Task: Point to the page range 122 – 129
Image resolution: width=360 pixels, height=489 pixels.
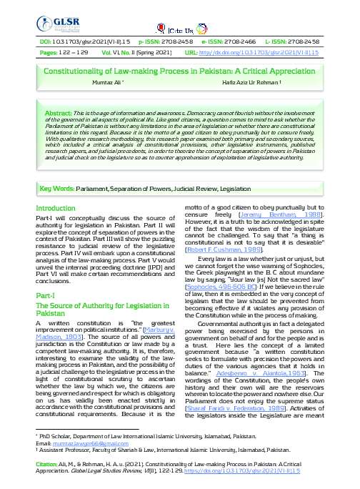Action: (73, 53)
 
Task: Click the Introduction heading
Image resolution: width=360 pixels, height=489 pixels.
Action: (60, 208)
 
